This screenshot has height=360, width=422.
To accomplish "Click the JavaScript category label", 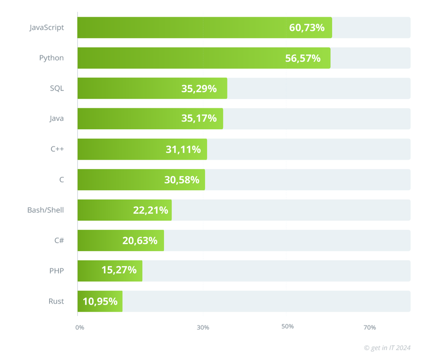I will coord(47,27).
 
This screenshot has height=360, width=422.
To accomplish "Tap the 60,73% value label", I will coord(306,28).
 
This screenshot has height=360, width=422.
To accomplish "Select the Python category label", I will coord(51,58).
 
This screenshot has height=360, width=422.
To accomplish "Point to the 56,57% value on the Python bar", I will coord(302,58).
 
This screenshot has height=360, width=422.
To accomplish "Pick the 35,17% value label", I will coord(199,119).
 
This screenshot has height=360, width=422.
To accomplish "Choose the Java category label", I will coord(56,118).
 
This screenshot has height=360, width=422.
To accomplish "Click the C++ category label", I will coord(57,149).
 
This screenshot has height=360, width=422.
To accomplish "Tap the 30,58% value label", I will coord(181,179).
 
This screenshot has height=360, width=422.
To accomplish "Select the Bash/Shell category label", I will coord(45,210).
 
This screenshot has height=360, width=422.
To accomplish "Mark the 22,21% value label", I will coord(151,210).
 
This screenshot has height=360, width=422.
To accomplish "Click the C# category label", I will coord(59,240).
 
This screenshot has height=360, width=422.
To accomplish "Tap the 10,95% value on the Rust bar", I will coord(100,301).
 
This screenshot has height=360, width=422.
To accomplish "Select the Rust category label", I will coord(56,301).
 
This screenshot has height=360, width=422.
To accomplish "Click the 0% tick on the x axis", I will coord(79,328).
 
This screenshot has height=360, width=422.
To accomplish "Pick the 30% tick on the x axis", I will coord(203,328).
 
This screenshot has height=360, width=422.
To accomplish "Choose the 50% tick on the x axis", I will coord(287,327).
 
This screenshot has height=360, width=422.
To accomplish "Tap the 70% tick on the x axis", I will coord(369,328).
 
